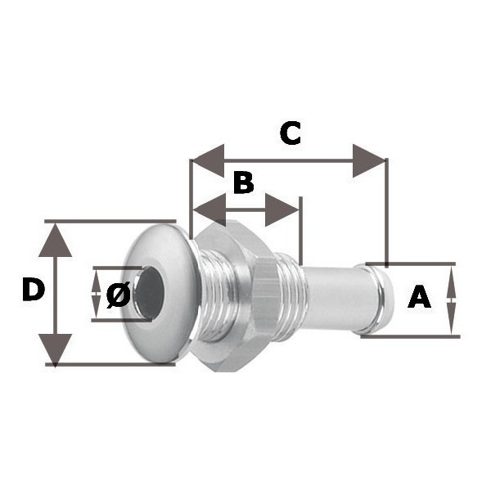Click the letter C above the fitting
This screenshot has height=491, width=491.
[291, 133]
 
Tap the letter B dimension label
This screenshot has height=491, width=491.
[243, 182]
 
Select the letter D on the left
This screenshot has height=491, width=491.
[34, 290]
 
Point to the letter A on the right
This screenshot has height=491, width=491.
[419, 296]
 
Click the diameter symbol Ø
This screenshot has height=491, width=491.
[119, 295]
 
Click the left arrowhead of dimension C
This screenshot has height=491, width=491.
[208, 160]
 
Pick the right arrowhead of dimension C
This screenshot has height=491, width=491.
[369, 160]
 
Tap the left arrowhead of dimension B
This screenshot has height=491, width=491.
[209, 209]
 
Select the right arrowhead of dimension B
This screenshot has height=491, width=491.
[282, 209]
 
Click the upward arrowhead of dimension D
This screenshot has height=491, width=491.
[56, 240]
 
